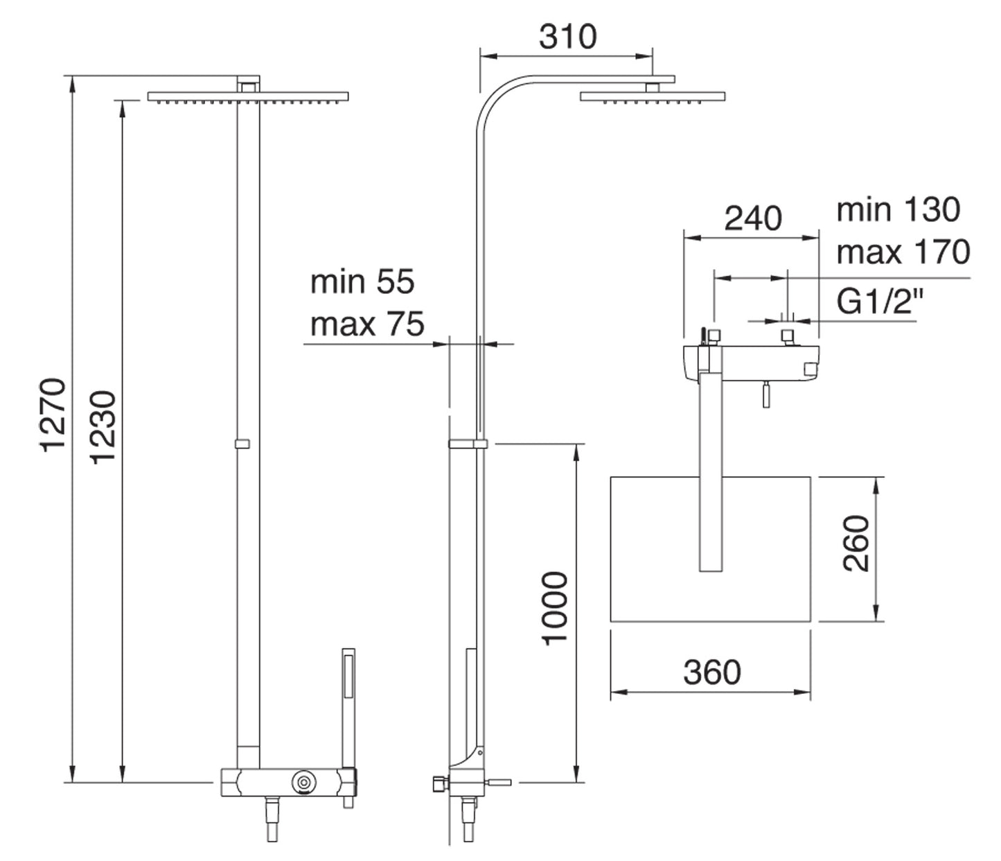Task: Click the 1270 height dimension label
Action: [x=53, y=415]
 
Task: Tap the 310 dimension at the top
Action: [x=567, y=36]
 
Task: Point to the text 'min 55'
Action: [x=362, y=282]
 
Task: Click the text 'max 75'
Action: [x=366, y=324]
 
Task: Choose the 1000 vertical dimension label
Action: [x=555, y=609]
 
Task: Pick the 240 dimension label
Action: [x=753, y=219]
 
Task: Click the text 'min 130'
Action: [x=898, y=209]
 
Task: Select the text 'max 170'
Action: [x=903, y=252]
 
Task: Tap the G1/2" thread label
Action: [x=880, y=302]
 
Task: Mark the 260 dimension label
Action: [x=857, y=543]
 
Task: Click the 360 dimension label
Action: [x=711, y=672]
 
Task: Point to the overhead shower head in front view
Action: [x=247, y=96]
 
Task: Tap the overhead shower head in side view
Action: [x=653, y=96]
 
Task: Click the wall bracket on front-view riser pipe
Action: [x=242, y=444]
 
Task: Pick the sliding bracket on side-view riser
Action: [x=468, y=444]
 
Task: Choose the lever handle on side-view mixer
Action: [x=500, y=783]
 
